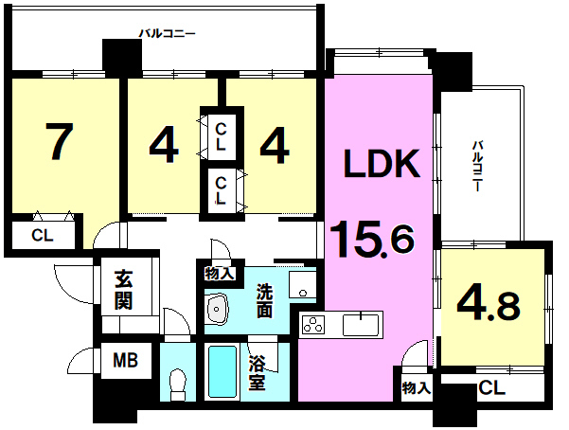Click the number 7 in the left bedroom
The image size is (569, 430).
[x=60, y=141]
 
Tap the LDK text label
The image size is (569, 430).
[x=382, y=164]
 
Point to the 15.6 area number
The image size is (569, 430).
[x=372, y=240]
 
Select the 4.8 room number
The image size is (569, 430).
[x=489, y=306]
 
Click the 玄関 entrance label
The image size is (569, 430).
[x=123, y=290]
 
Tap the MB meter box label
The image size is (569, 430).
[x=126, y=361]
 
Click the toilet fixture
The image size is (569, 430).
[x=178, y=385]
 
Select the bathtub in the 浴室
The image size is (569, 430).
[x=222, y=371]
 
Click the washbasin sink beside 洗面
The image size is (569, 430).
[x=217, y=309]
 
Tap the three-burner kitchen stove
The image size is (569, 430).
[x=313, y=324]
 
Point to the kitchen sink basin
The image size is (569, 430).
[x=361, y=325]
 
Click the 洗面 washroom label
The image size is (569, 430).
[x=264, y=300]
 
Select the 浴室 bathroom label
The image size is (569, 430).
[x=257, y=373]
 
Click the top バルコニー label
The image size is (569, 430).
[x=168, y=34]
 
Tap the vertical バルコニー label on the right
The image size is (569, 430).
[x=476, y=166]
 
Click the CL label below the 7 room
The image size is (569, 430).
[x=43, y=235]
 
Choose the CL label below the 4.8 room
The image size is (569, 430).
[x=491, y=388]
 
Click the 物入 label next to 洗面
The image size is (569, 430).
[x=220, y=273]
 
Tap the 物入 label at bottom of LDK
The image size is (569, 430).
[x=417, y=388]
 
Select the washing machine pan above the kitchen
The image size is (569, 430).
[x=302, y=285]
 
